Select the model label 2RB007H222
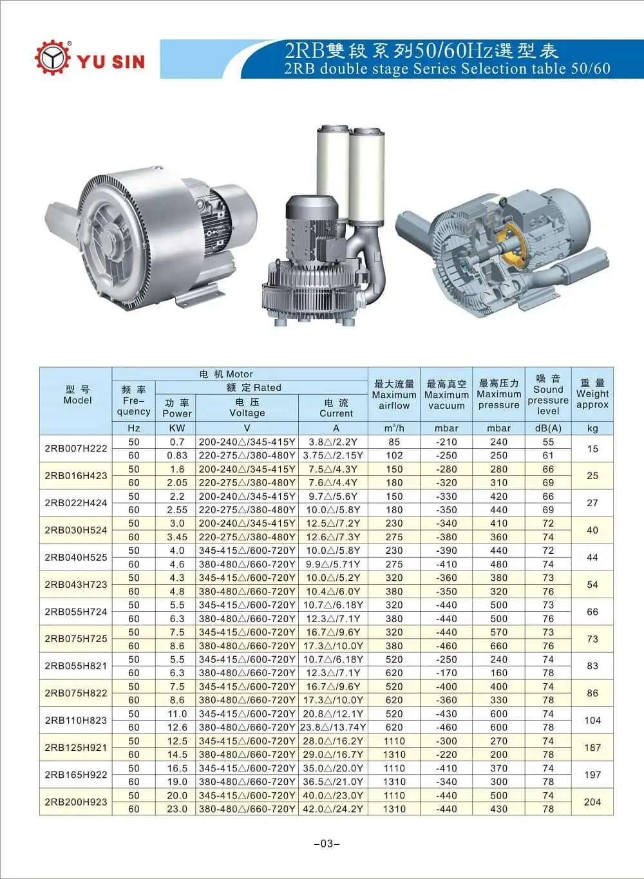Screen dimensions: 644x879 pyautogui.click(x=76, y=448)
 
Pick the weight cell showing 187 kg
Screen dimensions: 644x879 pyautogui.click(x=592, y=747)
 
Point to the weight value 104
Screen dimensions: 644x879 pyautogui.click(x=592, y=720)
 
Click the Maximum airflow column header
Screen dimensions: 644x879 pyautogui.click(x=394, y=394)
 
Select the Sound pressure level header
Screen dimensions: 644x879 pyautogui.click(x=548, y=394)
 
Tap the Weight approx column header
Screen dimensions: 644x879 pyautogui.click(x=592, y=393)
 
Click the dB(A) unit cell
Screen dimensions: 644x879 pyautogui.click(x=548, y=428)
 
